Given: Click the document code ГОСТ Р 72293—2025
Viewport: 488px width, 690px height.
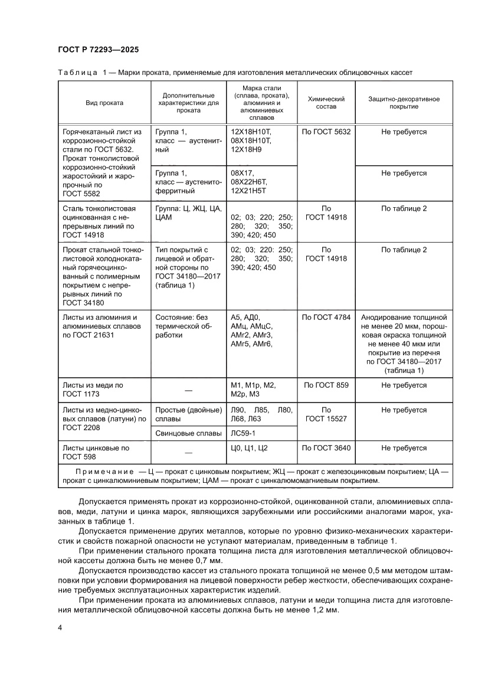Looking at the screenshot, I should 98,50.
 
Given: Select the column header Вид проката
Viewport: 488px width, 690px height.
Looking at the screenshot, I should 104,103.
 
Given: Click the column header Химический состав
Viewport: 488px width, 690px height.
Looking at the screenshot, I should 326,103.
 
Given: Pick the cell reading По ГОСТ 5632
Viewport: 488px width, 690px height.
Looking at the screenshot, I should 326,132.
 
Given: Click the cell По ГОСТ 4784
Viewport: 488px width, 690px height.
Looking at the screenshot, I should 326,317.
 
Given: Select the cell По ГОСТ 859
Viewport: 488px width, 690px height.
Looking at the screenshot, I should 326,385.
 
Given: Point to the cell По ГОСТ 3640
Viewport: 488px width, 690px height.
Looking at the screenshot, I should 326,448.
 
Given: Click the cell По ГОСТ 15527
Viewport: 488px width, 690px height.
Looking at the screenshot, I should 326,414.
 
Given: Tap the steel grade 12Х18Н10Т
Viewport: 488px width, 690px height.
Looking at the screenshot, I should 251,132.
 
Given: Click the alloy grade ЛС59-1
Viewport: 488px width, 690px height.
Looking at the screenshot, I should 244,434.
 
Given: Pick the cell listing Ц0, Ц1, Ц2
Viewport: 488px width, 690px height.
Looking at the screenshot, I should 250,448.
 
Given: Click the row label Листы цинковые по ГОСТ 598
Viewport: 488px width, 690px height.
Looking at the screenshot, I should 96,452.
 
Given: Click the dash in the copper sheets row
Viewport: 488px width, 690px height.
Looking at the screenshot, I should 188,390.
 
